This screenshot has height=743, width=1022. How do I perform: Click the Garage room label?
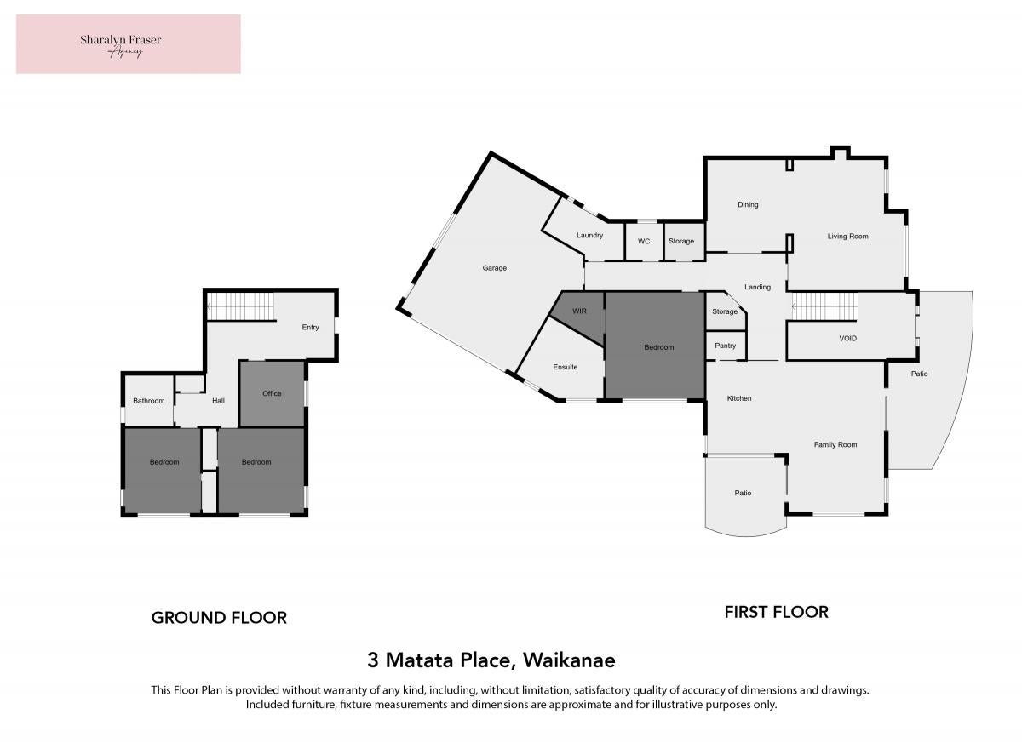[x=495, y=268]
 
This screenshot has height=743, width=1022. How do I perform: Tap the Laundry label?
[x=589, y=235]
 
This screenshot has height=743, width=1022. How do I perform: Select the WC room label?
[x=644, y=241]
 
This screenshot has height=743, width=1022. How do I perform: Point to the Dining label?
[x=748, y=204]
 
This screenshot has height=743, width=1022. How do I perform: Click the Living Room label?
[x=847, y=236]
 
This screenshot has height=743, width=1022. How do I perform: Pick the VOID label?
[x=847, y=338]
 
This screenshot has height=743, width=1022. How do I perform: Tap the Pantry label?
[x=725, y=346]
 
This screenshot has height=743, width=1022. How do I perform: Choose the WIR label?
[x=579, y=311]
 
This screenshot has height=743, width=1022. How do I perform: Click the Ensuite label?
[x=565, y=367]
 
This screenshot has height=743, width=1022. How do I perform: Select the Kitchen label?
[x=739, y=398]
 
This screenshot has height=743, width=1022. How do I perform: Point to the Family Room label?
[x=835, y=444]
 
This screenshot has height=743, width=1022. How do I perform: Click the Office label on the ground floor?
[x=272, y=393]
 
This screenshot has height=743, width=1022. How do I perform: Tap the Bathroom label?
[x=149, y=401]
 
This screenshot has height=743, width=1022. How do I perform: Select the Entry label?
[x=310, y=328]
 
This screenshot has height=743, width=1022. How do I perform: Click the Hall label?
[x=218, y=401]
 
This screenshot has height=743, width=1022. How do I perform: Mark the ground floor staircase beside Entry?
[x=241, y=306]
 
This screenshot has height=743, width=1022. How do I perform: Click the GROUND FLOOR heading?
[x=219, y=618]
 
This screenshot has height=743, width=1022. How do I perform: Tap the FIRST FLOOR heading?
[x=777, y=612]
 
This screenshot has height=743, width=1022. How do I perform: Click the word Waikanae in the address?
[x=569, y=660]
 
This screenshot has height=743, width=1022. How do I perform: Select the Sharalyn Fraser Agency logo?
[x=129, y=44]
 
